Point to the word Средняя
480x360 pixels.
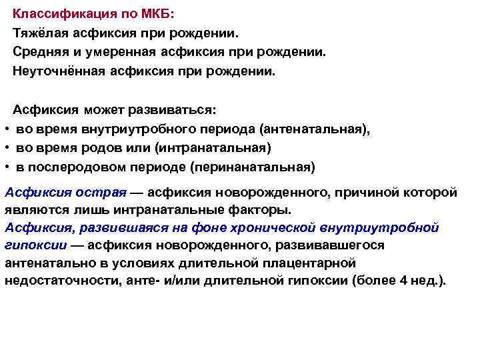41,51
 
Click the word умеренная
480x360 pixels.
128,51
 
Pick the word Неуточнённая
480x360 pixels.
58,70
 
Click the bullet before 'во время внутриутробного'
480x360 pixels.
5,128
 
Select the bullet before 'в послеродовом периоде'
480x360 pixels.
5,165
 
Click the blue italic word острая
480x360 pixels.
103,193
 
